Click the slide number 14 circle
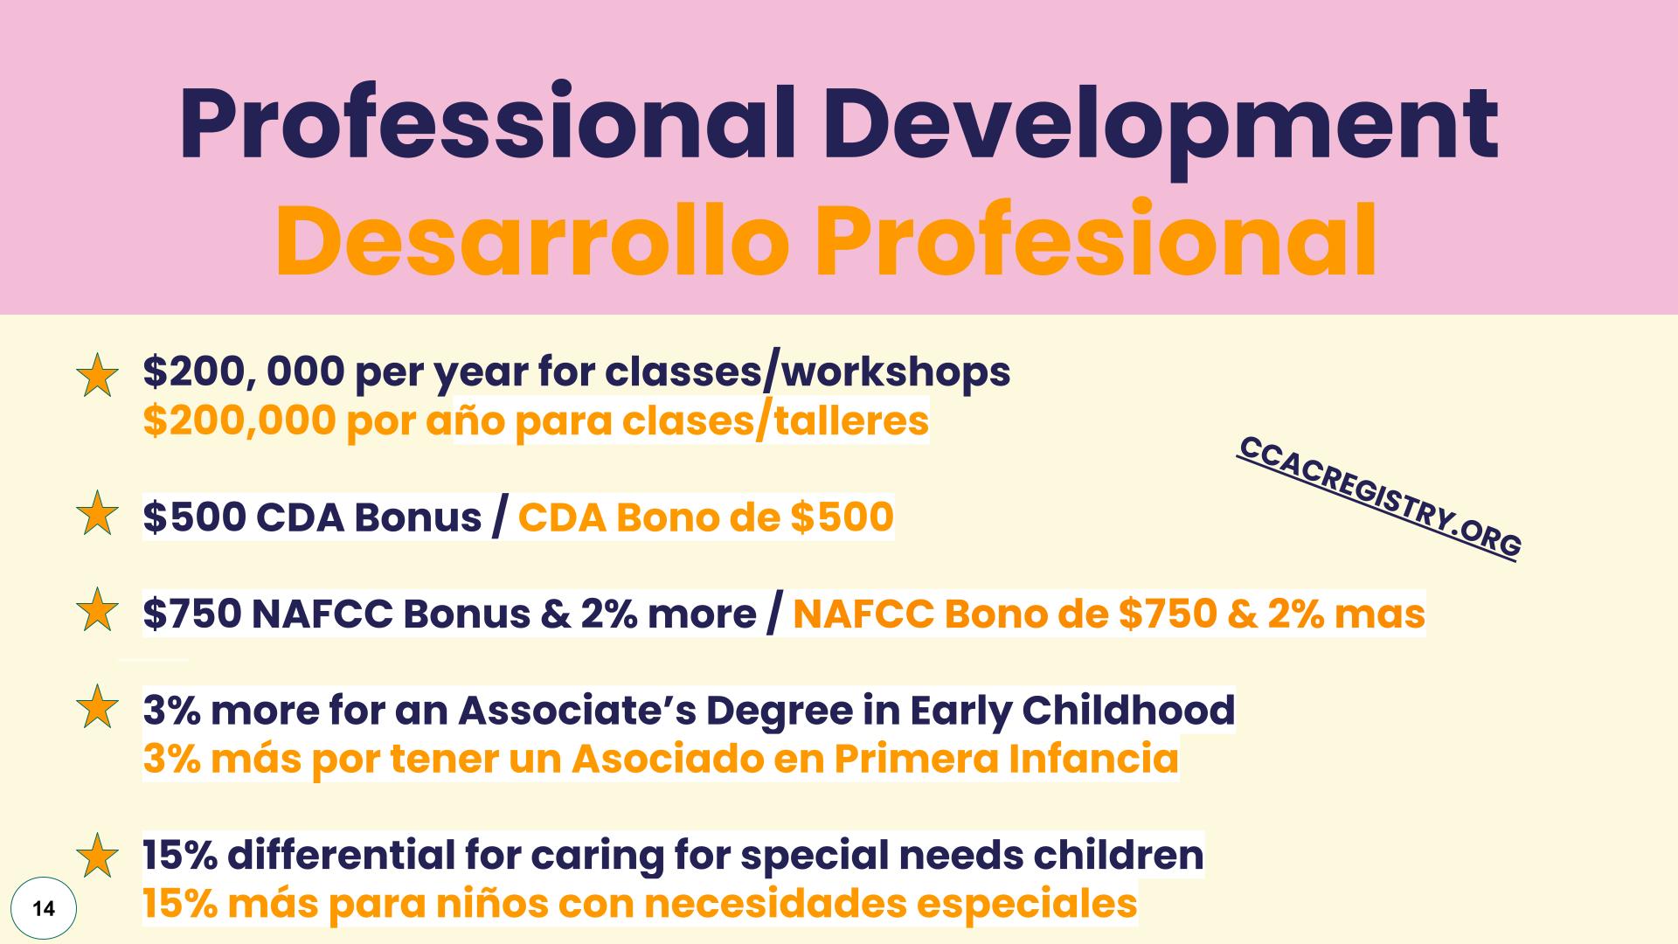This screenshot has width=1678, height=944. [x=44, y=909]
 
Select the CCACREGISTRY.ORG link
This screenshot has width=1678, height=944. [x=1380, y=496]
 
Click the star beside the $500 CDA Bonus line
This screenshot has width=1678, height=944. [x=97, y=514]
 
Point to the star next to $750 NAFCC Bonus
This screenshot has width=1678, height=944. [x=97, y=610]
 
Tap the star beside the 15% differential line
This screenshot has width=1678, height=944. [x=97, y=856]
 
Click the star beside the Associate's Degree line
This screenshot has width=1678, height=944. [x=97, y=707]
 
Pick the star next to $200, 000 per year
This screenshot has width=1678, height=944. [x=97, y=375]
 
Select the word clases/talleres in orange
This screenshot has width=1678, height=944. [x=775, y=421]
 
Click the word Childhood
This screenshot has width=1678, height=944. [x=1128, y=710]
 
